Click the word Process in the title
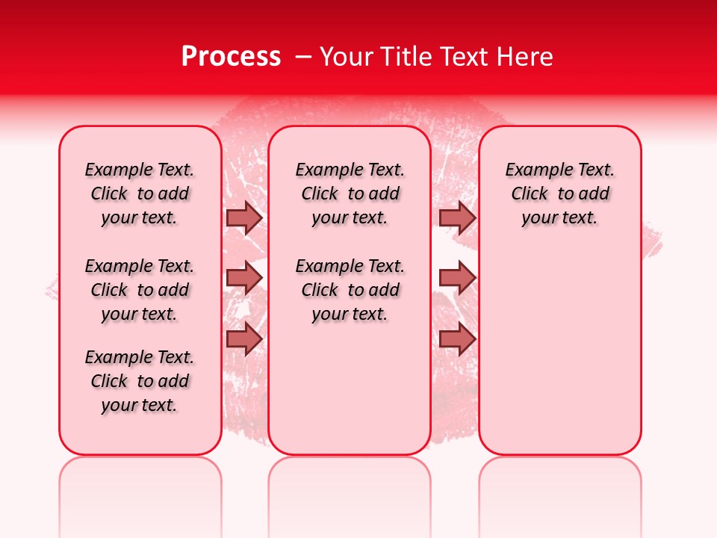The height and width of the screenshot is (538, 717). (x=231, y=57)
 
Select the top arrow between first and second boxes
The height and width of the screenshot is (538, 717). (x=244, y=217)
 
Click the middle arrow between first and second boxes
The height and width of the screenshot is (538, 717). (x=244, y=278)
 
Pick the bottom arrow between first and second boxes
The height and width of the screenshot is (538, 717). (x=244, y=338)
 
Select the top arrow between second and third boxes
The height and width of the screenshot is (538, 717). (x=457, y=217)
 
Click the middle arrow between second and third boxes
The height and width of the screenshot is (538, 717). (x=457, y=278)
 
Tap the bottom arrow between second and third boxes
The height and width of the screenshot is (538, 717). (x=457, y=338)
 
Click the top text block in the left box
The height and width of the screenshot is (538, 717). (x=140, y=194)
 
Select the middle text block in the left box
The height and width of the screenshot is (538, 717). (x=140, y=290)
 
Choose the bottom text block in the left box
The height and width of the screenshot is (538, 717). (x=140, y=381)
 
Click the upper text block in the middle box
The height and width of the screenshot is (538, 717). (x=350, y=194)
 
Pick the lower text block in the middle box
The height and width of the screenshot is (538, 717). (x=350, y=290)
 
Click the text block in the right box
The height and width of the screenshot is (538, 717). (x=560, y=194)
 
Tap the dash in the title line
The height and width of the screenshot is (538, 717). (x=303, y=57)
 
